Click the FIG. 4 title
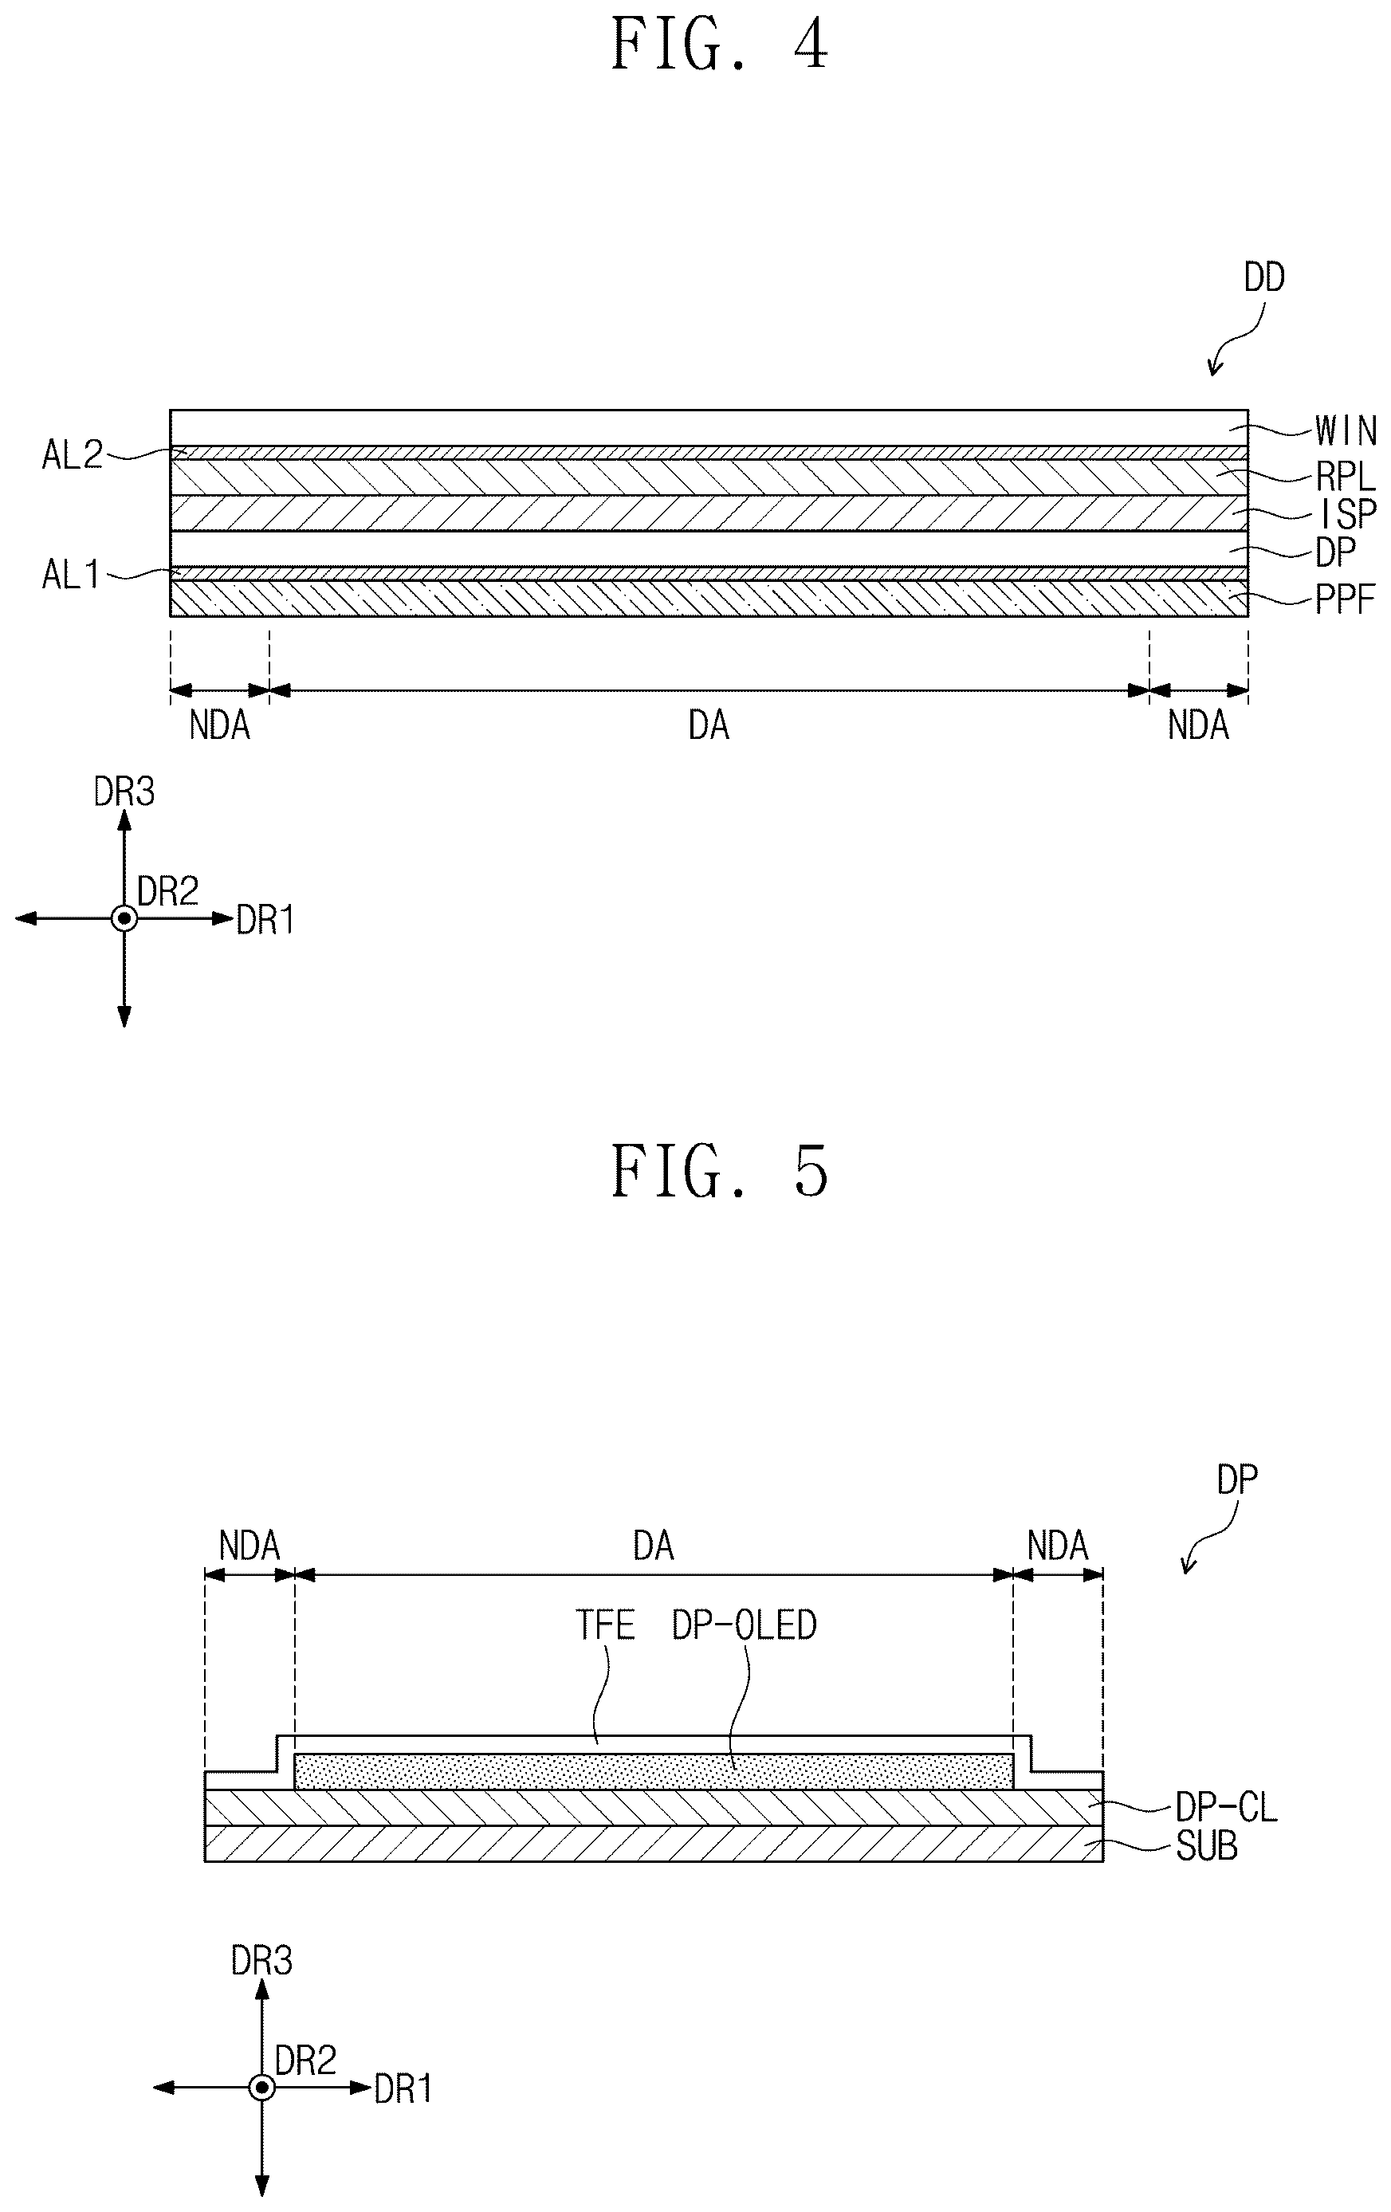[719, 46]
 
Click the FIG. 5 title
[719, 1171]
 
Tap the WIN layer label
[1346, 430]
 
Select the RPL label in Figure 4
[1346, 477]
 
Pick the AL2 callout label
[73, 454]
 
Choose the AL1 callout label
[71, 575]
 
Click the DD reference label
[1264, 277]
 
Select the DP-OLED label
[745, 1625]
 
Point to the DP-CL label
[1227, 1808]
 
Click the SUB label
[1207, 1846]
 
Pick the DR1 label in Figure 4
[265, 920]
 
